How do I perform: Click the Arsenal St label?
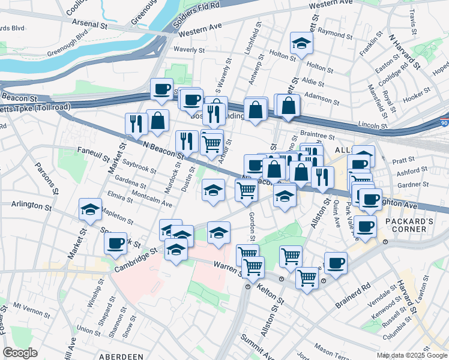[x=91, y=27]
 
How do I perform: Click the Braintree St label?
[x=316, y=136]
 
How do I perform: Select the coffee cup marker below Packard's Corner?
[x=364, y=227]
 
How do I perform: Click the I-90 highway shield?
[x=443, y=121]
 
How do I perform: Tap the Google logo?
[x=20, y=353]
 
